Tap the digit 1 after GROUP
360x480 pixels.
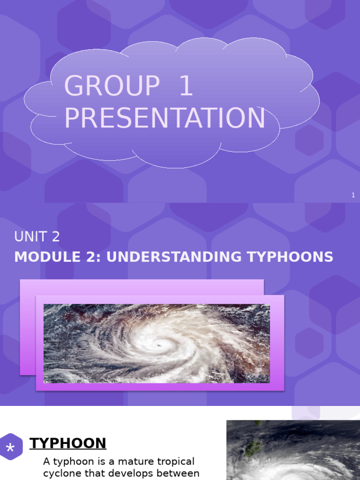(186, 86)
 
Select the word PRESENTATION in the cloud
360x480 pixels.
(165, 118)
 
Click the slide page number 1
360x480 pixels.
(353, 195)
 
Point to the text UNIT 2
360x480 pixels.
(37, 237)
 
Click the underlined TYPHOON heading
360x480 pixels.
(68, 443)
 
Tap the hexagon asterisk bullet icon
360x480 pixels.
(10, 449)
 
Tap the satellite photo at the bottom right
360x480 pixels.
(293, 450)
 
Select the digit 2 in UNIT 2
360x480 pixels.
(56, 237)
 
